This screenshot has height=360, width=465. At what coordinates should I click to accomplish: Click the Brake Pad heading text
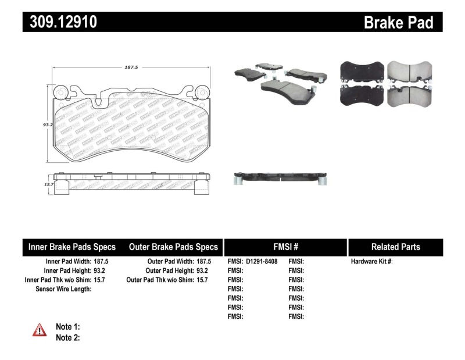398,22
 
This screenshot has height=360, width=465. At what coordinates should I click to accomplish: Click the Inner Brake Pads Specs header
72,247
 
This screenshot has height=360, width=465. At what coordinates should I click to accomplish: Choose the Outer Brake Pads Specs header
173,247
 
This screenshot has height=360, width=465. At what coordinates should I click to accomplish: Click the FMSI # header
285,247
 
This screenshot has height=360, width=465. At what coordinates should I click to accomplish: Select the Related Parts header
395,247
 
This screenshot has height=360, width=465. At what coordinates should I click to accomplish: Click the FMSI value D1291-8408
265,262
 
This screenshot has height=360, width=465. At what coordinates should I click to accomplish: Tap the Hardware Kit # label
371,262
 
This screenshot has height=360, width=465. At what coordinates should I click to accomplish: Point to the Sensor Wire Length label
63,289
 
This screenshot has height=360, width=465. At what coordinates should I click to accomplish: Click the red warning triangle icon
40,330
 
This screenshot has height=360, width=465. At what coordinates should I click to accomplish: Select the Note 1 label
67,327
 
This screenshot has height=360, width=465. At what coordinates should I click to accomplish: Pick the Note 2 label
67,337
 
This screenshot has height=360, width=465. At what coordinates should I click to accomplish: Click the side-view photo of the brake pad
278,177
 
